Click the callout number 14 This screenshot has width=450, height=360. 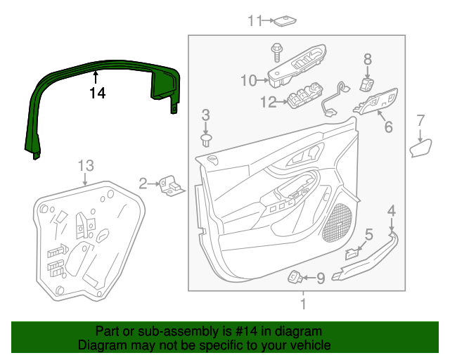tap(97, 92)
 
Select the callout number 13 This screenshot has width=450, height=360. tap(85, 166)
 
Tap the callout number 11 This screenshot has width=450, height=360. tap(255, 20)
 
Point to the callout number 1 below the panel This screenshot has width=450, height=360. tap(303, 304)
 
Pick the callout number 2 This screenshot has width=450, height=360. tap(143, 184)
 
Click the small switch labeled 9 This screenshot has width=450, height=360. tap(295, 277)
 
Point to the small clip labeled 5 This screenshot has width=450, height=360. tap(352, 254)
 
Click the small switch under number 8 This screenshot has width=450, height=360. tap(366, 84)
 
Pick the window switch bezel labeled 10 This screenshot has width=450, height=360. tap(297, 69)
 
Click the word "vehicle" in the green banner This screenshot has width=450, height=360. tap(308, 346)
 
